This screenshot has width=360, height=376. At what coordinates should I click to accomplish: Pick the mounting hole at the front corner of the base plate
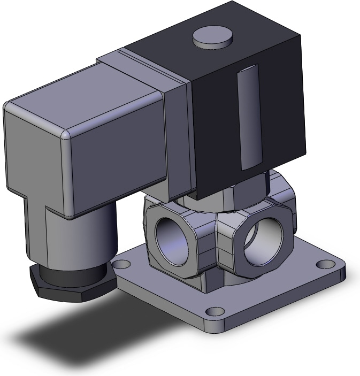[215, 311]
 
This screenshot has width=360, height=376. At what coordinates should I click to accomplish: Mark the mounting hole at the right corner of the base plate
[323, 264]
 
